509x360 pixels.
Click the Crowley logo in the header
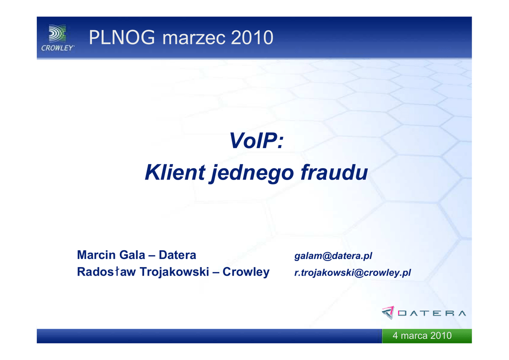point(58,38)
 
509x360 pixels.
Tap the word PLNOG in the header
point(122,37)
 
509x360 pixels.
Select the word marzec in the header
point(194,38)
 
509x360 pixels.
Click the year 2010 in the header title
point(252,37)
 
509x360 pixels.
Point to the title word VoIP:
point(256,141)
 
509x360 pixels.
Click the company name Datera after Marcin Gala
point(177,255)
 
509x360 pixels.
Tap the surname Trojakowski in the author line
point(174,271)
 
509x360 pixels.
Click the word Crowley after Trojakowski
point(246,272)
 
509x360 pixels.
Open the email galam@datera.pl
point(333,256)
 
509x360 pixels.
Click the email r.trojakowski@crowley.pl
point(352,272)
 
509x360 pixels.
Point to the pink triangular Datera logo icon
point(388,313)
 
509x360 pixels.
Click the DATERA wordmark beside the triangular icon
point(432,313)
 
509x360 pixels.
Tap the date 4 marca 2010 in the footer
point(422,335)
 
